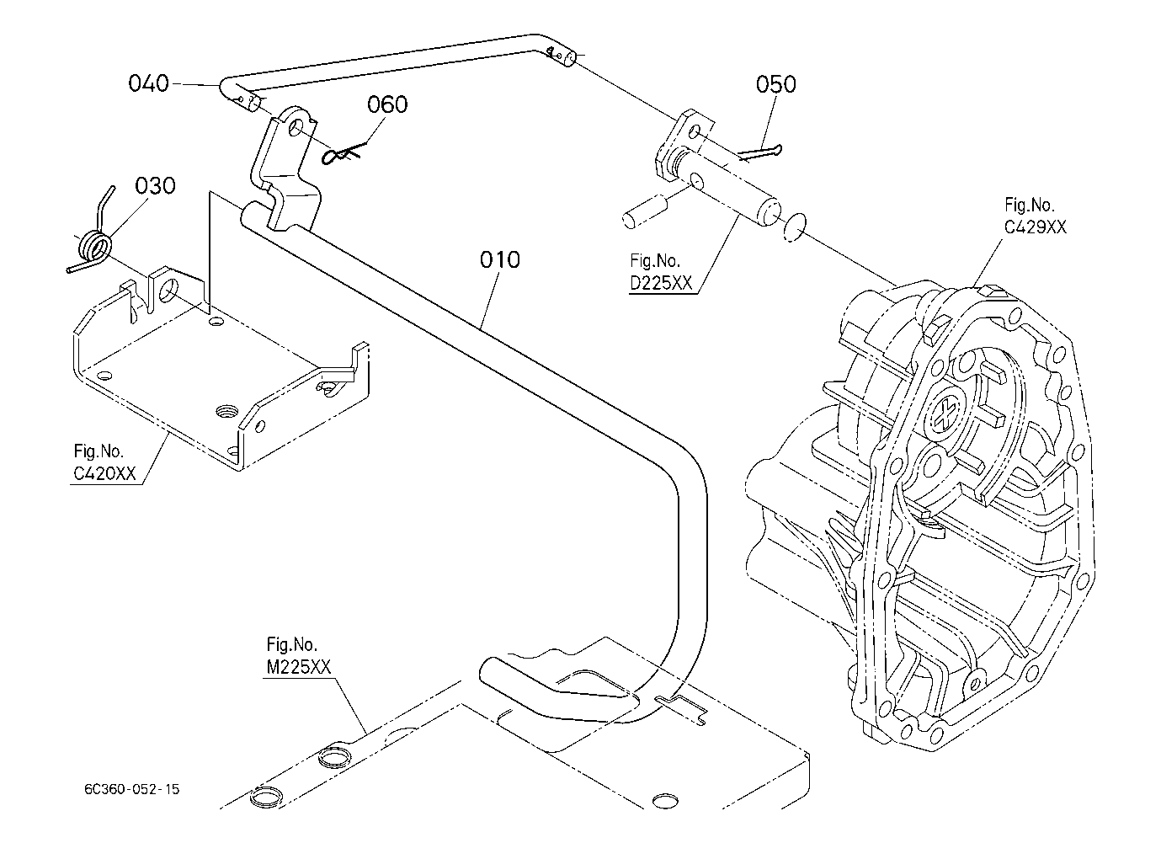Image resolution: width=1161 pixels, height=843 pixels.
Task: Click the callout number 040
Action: [x=149, y=83]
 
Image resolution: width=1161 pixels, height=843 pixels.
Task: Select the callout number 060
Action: [x=387, y=104]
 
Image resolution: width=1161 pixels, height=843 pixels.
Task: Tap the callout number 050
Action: [x=776, y=84]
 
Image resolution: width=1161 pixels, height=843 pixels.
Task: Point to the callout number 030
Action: [x=155, y=185]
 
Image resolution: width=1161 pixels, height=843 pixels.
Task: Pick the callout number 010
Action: [x=499, y=259]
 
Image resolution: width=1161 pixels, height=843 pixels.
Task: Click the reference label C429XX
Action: [x=1035, y=227]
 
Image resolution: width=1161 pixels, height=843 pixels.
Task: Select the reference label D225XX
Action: [x=661, y=283]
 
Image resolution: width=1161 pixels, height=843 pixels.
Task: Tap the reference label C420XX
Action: [x=104, y=472]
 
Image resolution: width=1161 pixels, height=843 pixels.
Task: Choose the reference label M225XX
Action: [x=299, y=667]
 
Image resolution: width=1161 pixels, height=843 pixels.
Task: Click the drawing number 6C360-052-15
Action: [x=131, y=789]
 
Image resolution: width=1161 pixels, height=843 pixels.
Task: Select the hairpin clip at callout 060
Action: [x=343, y=152]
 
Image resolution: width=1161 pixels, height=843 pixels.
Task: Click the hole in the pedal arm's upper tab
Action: [x=296, y=127]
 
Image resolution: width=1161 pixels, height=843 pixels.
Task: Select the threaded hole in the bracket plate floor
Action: [x=226, y=412]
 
